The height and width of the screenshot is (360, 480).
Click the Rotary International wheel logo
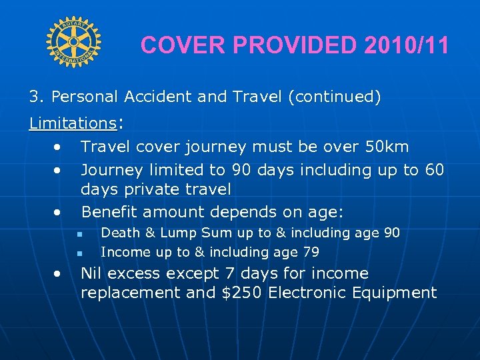click(73, 42)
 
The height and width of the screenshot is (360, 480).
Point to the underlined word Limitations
click(73, 123)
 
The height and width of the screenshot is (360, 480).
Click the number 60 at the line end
click(433, 170)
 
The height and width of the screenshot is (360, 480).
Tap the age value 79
click(311, 252)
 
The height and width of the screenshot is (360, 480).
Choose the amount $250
click(243, 293)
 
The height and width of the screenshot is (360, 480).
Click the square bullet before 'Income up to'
click(79, 253)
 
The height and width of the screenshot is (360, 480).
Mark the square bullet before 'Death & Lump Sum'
click(79, 233)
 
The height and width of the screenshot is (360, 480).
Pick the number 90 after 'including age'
click(391, 233)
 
